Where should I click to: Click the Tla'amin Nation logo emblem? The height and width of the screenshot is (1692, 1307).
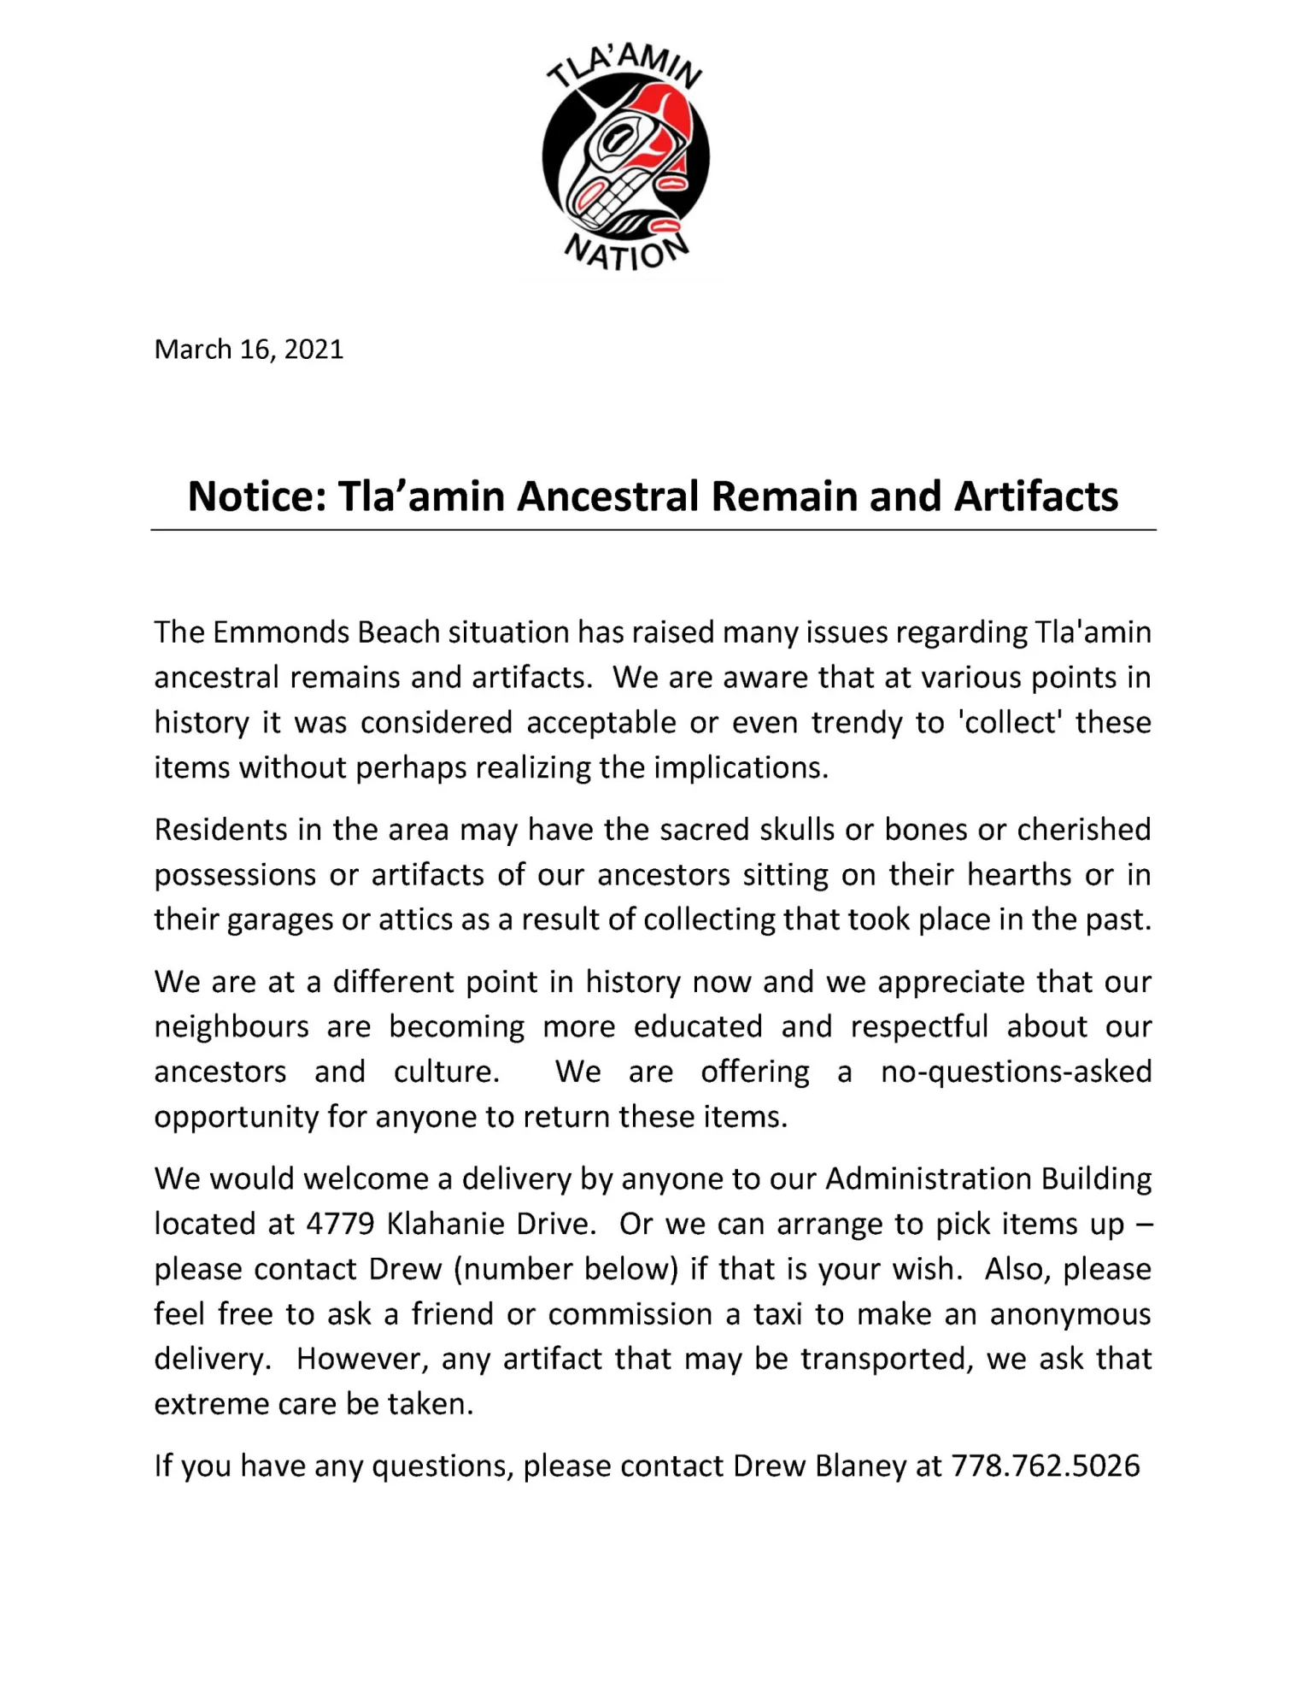click(x=625, y=157)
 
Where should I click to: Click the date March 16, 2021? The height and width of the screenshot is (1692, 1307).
click(x=249, y=350)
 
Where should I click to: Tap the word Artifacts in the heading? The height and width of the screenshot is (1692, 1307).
click(x=1035, y=496)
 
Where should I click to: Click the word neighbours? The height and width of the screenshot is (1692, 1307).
click(x=232, y=1027)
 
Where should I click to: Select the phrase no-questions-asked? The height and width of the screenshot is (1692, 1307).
click(x=1016, y=1072)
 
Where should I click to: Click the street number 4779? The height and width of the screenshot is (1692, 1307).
click(x=340, y=1225)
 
